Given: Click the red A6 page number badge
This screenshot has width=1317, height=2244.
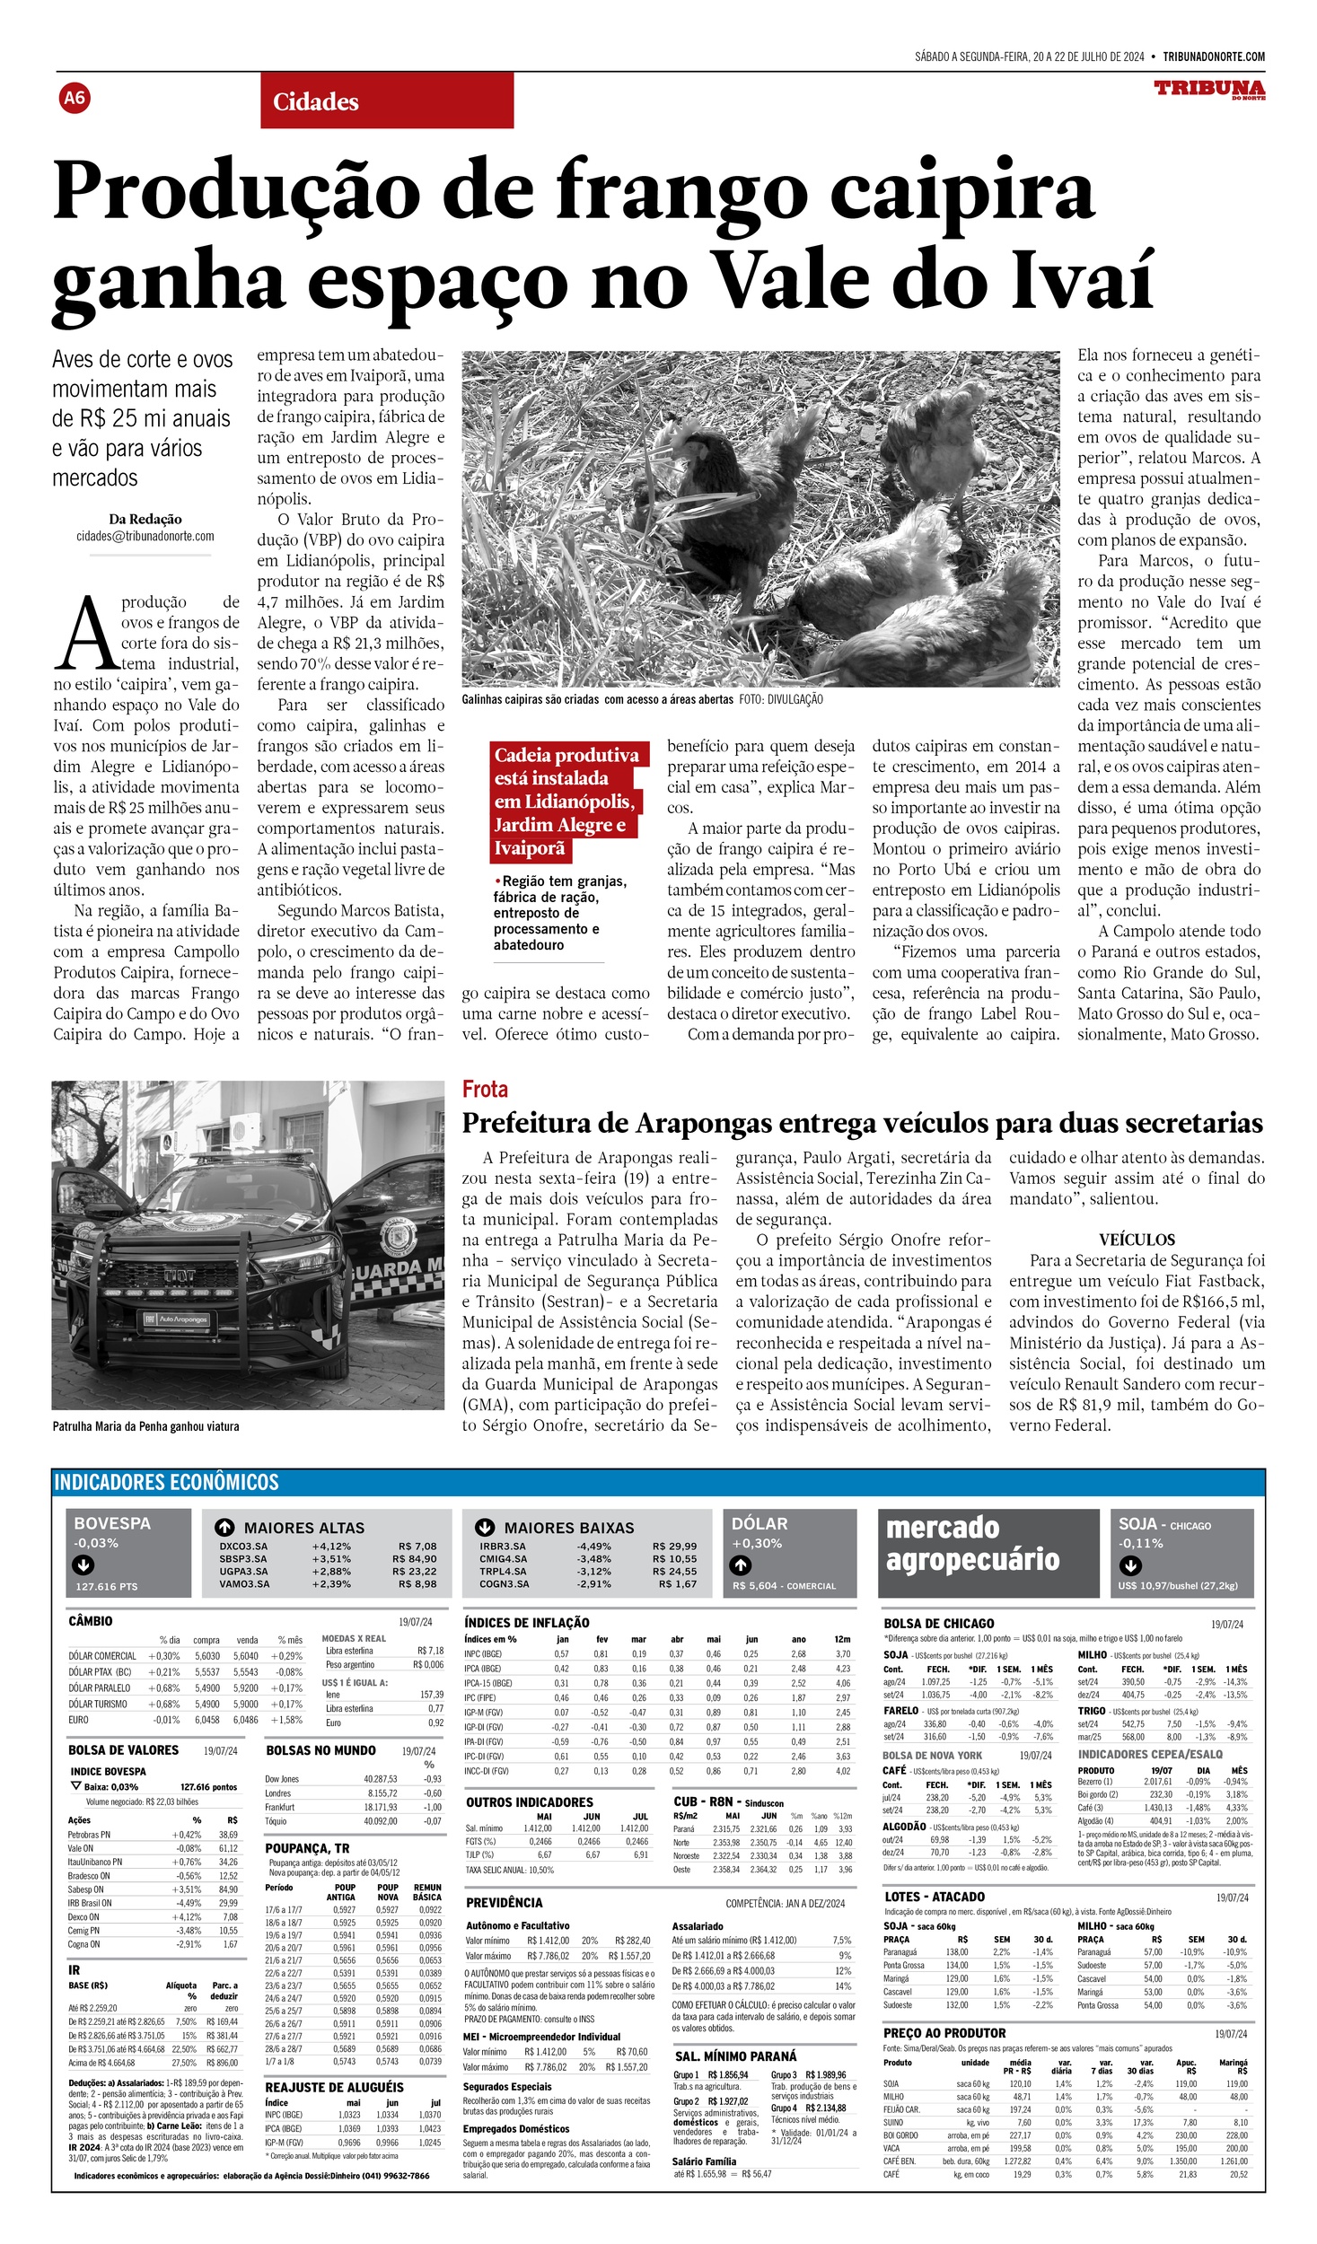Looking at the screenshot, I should coord(75,97).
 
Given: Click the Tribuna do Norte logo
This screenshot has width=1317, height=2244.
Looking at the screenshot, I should coord(1209,90).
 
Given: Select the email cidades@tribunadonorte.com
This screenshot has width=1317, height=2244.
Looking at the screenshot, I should coord(145,536).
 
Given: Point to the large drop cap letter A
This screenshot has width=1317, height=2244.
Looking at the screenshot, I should coord(86,636).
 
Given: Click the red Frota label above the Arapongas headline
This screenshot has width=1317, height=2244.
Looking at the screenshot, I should coord(485,1089).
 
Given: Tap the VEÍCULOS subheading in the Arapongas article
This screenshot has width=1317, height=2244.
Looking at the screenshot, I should coord(1137,1240).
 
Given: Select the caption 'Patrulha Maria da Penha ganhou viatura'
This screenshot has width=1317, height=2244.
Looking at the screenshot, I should coord(145,1426).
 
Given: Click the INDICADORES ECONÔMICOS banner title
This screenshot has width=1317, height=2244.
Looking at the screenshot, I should coord(166,1482).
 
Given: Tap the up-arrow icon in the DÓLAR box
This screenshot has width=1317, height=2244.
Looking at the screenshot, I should coord(740,1565).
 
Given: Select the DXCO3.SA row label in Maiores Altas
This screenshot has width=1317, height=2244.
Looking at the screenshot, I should coord(243,1546).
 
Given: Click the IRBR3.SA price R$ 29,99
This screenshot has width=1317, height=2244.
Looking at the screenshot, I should coord(674,1546).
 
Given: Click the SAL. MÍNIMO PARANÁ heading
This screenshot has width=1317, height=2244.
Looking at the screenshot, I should coord(735,2056).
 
